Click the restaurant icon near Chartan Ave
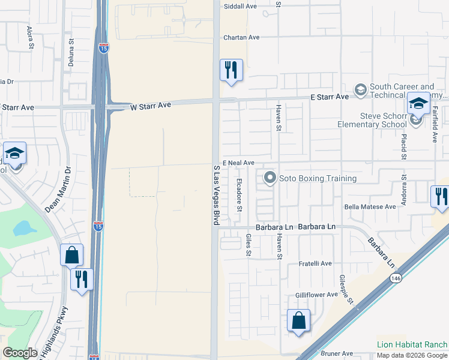point(231,70)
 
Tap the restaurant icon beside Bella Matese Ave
point(440,196)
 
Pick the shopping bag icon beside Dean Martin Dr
point(71,254)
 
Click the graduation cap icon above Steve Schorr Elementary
point(418,103)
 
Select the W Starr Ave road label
point(151,106)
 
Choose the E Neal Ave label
point(238,163)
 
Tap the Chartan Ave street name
point(241,37)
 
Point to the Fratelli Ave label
point(316,264)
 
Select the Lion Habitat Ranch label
point(412,344)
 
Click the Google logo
point(20,353)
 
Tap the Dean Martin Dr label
point(58,190)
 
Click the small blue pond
point(24,228)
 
